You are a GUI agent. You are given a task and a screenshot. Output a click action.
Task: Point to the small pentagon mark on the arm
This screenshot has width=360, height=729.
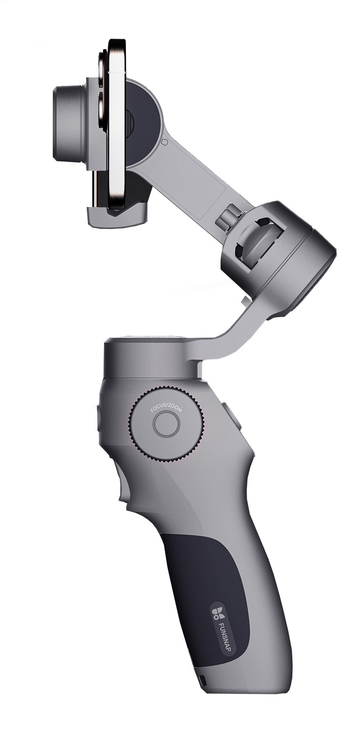point(164,142)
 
